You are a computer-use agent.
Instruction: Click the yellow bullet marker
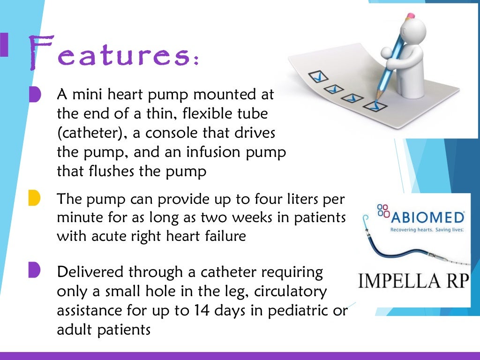pyautogui.click(x=34, y=198)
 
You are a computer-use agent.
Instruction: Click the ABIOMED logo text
pyautogui.click(x=426, y=217)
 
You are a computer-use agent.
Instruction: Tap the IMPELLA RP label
pyautogui.click(x=413, y=281)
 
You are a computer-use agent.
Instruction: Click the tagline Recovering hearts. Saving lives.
pyautogui.click(x=427, y=230)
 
